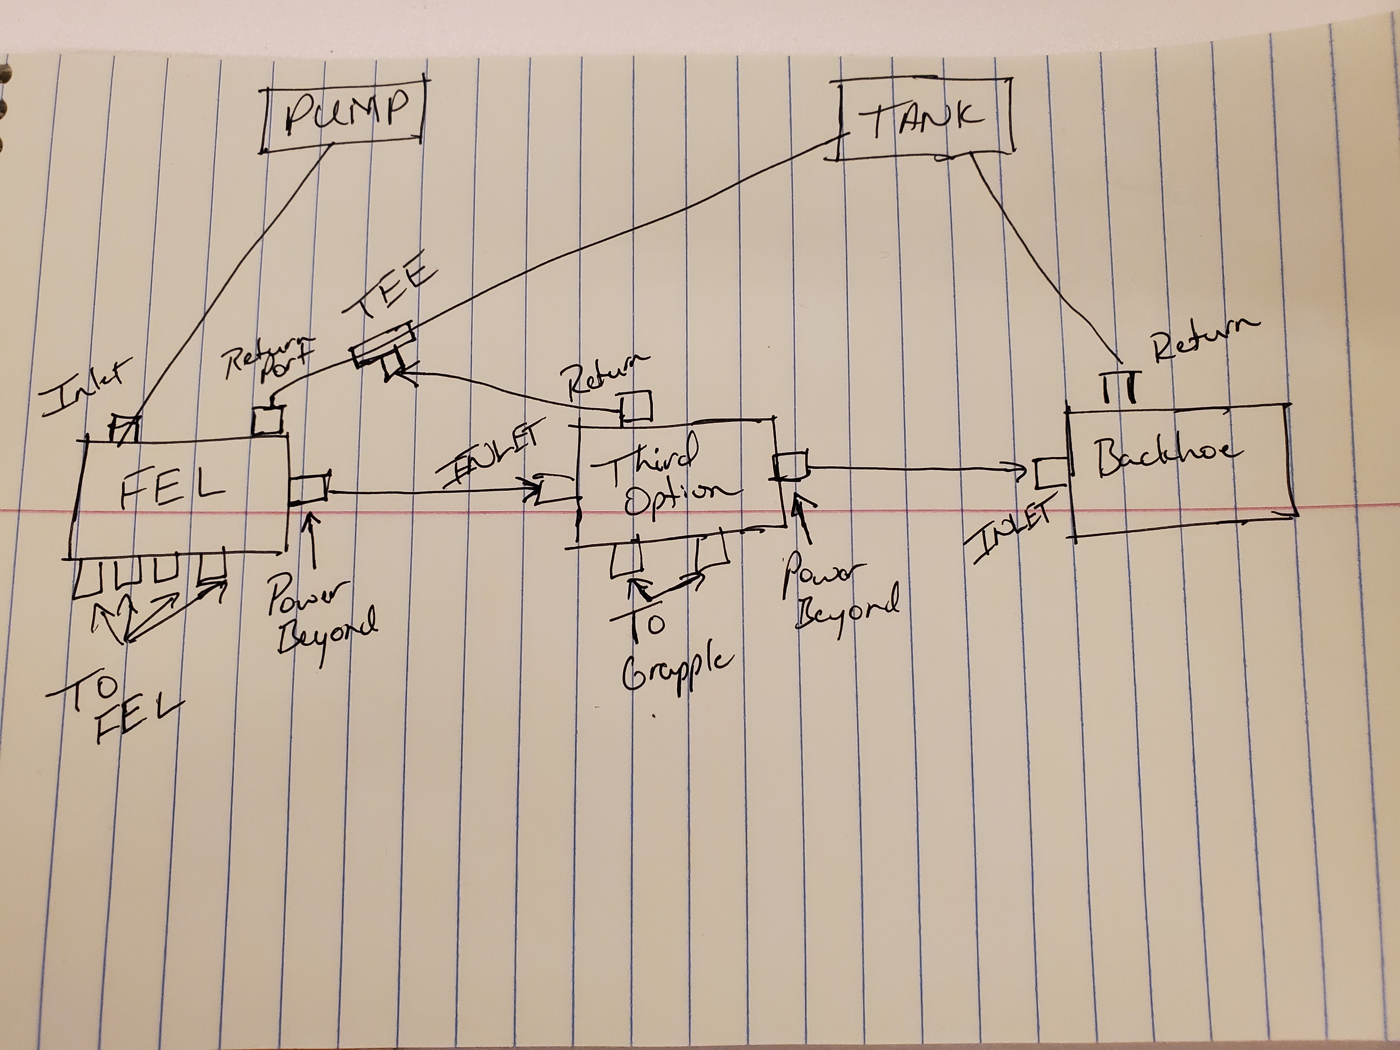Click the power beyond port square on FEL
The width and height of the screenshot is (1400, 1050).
[x=308, y=491]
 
